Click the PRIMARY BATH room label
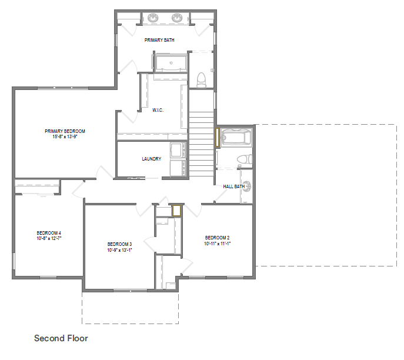[159, 40]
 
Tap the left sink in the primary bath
[153, 18]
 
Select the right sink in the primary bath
[177, 18]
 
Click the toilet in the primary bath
[202, 80]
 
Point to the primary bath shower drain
[171, 63]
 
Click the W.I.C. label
[158, 110]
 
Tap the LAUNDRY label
[152, 159]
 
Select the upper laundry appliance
[178, 150]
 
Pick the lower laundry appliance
[178, 168]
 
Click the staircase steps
[202, 144]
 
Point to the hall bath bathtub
[236, 137]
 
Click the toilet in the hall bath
[244, 159]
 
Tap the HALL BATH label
[234, 186]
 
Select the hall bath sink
[247, 186]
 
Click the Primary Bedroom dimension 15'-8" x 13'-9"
[65, 136]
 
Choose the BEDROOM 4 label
[49, 233]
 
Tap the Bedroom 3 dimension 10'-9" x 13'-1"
[119, 250]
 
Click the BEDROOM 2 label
[217, 238]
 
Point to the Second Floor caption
[61, 338]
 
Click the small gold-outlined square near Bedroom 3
[177, 211]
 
